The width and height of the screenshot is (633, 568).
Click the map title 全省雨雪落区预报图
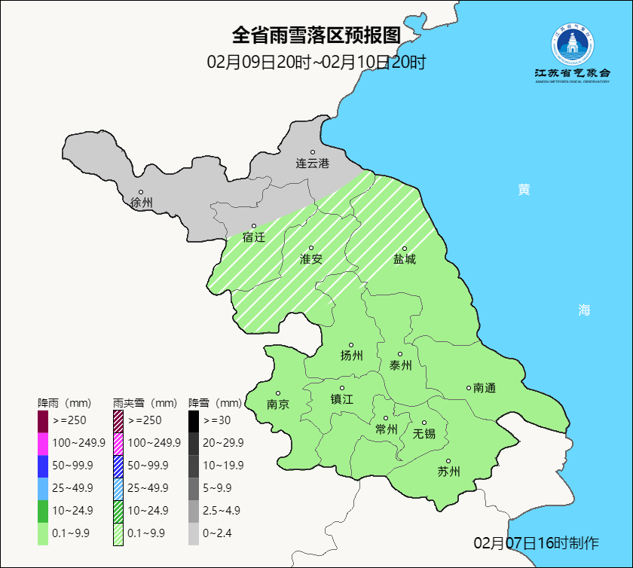coord(316,35)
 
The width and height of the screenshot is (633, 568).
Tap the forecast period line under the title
coord(316,62)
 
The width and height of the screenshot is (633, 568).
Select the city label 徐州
coord(141,203)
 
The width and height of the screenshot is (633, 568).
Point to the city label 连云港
coord(312,163)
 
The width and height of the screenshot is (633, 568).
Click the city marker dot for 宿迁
coord(254,226)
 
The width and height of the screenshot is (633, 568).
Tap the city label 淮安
coord(310,259)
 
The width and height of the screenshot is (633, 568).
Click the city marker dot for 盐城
coord(405,249)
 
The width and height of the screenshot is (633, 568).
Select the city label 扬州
coord(351,356)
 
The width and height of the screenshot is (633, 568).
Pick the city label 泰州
coord(400,365)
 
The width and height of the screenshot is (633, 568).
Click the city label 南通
coord(485,388)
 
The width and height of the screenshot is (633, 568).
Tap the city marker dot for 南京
coord(278,393)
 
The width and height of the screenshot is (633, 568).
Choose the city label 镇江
coord(341,399)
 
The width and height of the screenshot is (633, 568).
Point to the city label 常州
coord(386,429)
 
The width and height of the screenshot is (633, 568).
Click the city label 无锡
coord(424,433)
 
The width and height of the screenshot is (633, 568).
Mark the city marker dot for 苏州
coord(448,462)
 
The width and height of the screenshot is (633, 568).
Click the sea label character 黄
coord(524,190)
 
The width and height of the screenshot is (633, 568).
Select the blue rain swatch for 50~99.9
coord(43,466)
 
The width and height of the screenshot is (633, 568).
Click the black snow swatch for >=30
coord(194,420)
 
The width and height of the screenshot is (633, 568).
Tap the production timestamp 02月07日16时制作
coord(536,543)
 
